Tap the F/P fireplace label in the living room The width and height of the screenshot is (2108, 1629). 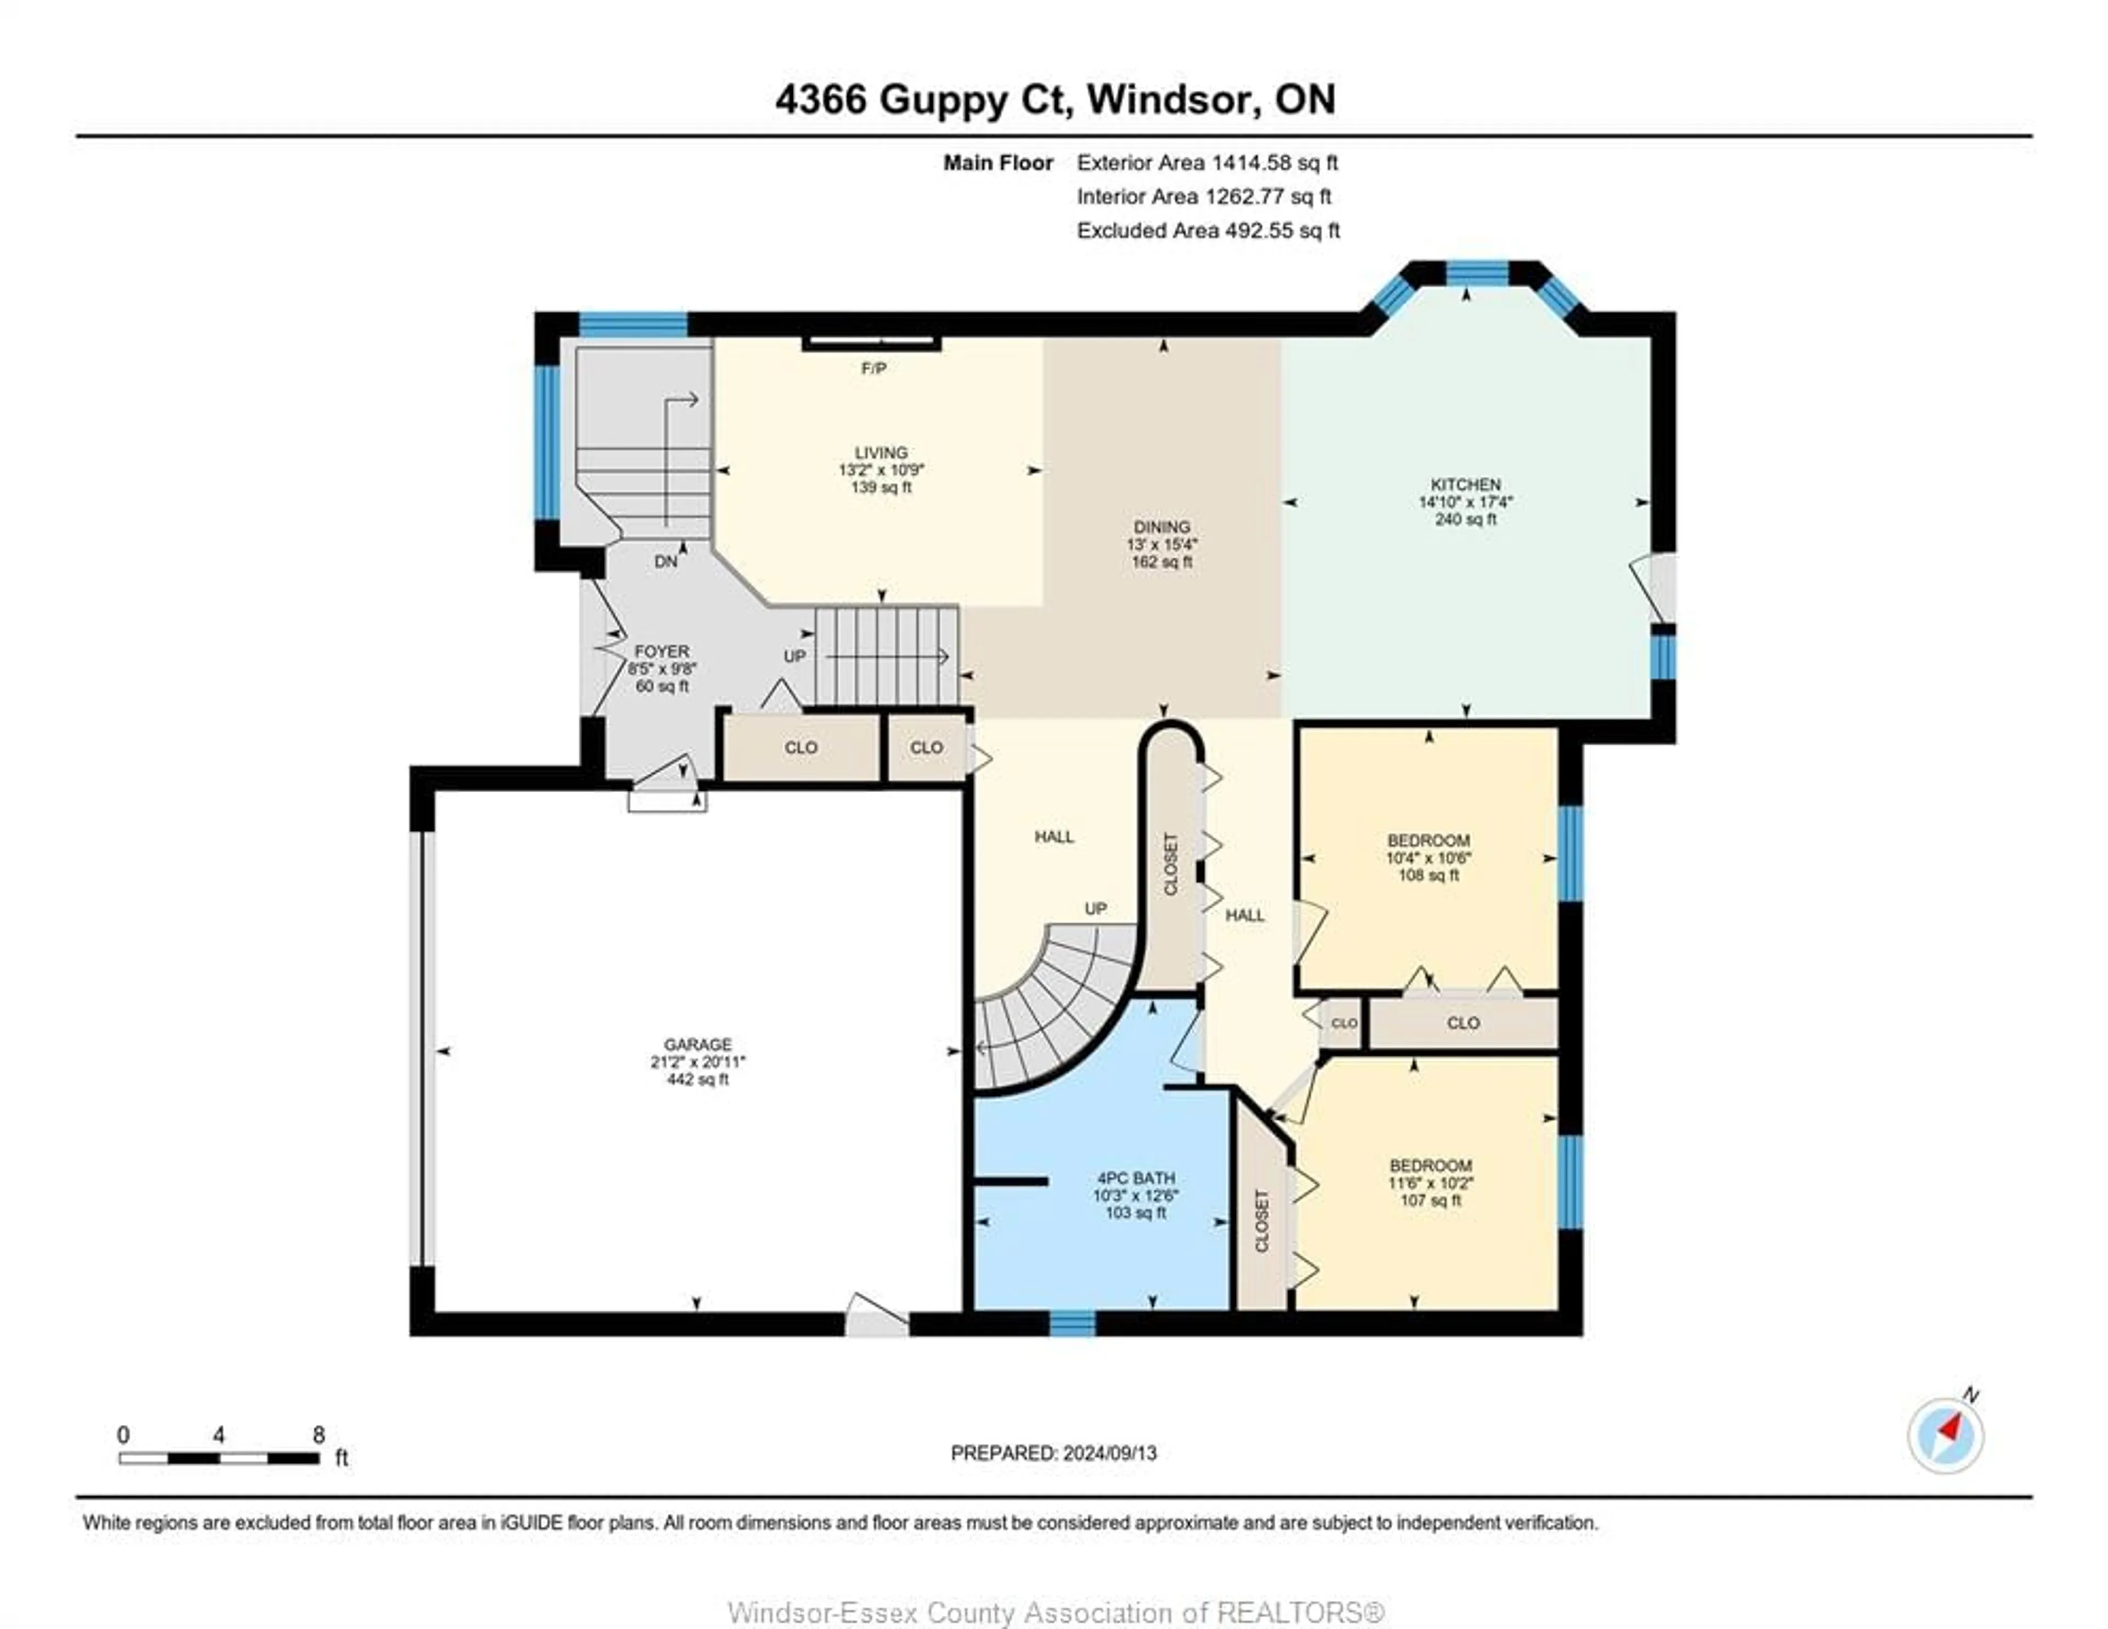coord(873,368)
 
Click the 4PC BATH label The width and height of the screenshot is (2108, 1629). coord(1136,1178)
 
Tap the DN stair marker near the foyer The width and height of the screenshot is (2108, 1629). coord(665,561)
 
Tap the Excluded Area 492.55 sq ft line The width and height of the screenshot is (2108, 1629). coord(1208,231)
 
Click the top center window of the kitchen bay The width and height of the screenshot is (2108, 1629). coord(1477,274)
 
